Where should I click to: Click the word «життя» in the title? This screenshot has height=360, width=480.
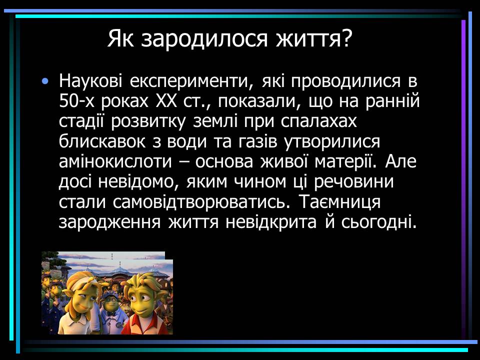pyautogui.click(x=309, y=38)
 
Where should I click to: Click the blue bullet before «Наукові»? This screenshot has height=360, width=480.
pyautogui.click(x=45, y=81)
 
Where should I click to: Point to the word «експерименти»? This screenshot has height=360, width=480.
pyautogui.click(x=191, y=81)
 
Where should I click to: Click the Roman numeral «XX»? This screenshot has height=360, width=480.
pyautogui.click(x=166, y=101)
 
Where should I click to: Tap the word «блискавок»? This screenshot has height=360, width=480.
pyautogui.click(x=102, y=141)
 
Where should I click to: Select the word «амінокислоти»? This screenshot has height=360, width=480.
pyautogui.click(x=115, y=161)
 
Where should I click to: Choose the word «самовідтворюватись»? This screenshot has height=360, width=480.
pyautogui.click(x=201, y=202)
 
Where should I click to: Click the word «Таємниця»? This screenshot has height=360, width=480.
pyautogui.click(x=339, y=202)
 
